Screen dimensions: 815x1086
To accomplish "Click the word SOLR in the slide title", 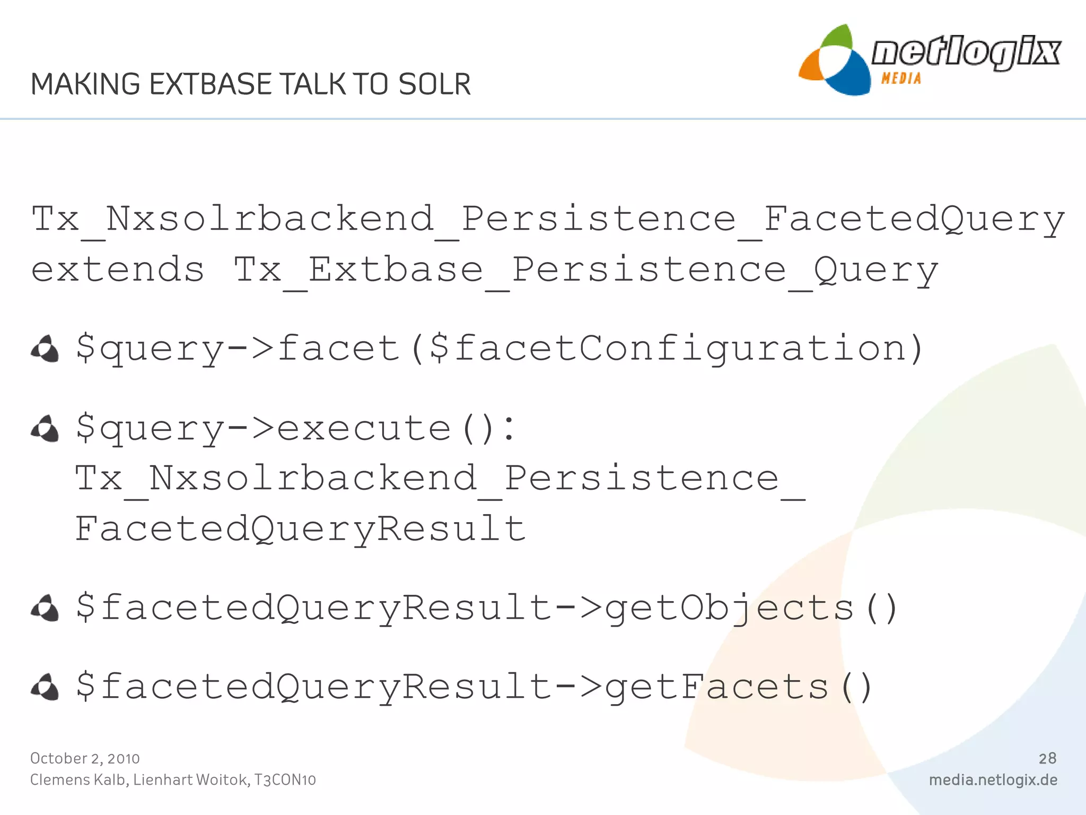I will point(434,84).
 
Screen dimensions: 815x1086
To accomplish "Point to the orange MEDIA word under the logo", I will point(901,79).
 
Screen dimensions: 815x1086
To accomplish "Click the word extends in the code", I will point(118,270).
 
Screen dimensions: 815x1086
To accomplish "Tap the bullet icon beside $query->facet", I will point(45,349).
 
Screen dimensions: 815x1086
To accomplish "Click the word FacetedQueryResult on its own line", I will point(300,528).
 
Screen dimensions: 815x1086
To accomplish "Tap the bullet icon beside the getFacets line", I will point(45,688).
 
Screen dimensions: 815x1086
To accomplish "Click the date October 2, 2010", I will point(85,758).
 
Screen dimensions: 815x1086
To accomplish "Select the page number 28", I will point(1047,758).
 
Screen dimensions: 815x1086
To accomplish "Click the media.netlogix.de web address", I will point(993,780).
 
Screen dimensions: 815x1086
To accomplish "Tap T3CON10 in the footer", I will point(285,780).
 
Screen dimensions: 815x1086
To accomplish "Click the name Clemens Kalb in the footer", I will point(78,780).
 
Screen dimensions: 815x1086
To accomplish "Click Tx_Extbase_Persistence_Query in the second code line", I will point(586,270).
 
